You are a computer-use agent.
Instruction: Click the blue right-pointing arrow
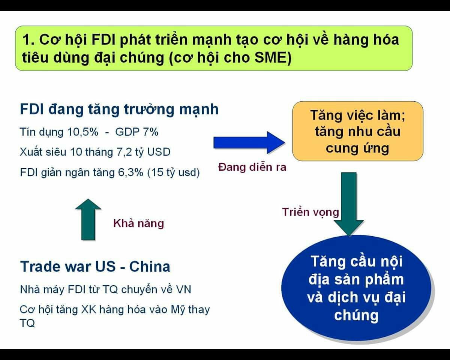(249, 142)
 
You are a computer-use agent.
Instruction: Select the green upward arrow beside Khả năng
(88, 219)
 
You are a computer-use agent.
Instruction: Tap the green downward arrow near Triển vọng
(349, 204)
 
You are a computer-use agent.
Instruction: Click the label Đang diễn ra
(252, 167)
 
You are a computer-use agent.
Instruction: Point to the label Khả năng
(138, 223)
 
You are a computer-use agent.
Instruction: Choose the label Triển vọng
(310, 213)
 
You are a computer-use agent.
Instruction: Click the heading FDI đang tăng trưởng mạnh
(119, 109)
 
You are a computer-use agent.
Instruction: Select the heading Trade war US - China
(95, 267)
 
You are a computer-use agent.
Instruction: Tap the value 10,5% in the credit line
(82, 132)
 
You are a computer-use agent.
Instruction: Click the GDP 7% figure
(137, 132)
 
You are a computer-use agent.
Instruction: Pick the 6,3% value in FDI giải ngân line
(131, 172)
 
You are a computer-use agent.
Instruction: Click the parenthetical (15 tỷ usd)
(174, 173)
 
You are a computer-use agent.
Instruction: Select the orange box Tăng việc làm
(358, 131)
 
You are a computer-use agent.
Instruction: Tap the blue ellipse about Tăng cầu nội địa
(357, 288)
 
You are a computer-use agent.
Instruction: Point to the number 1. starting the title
(28, 39)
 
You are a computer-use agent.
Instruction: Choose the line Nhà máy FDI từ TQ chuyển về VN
(106, 290)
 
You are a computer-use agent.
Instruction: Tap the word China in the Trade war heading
(150, 267)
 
